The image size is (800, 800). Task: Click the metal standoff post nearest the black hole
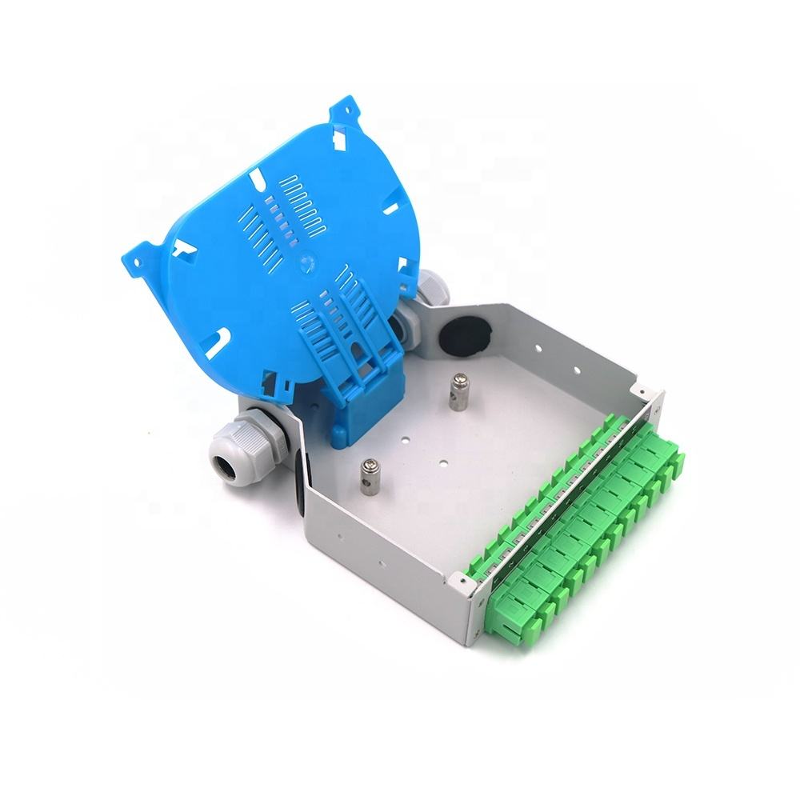click(459, 392)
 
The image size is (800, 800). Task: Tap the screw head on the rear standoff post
click(459, 379)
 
